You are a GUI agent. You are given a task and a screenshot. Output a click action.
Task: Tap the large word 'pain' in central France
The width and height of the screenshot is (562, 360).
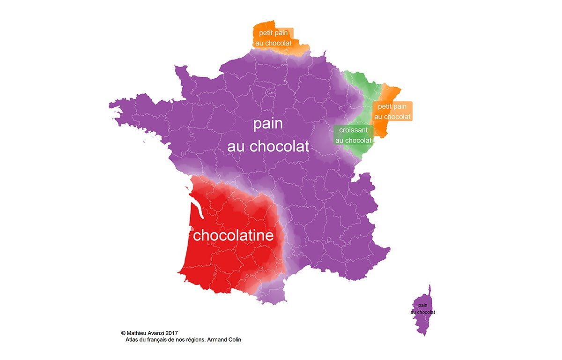pyautogui.click(x=268, y=125)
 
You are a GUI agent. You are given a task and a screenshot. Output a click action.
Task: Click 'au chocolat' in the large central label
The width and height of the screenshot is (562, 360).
pyautogui.click(x=268, y=146)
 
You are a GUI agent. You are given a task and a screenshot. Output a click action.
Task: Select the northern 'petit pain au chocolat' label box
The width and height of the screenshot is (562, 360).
pyautogui.click(x=274, y=38)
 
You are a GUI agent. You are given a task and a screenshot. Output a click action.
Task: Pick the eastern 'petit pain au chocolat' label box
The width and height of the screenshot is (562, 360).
pyautogui.click(x=392, y=111)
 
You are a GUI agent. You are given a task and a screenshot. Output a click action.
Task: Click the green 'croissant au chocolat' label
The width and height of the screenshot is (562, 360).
pyautogui.click(x=354, y=135)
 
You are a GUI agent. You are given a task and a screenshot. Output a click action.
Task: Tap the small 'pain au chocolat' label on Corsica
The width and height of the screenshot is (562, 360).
pyautogui.click(x=422, y=308)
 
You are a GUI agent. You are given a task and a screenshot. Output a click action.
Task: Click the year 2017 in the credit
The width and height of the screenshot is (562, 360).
pyautogui.click(x=172, y=333)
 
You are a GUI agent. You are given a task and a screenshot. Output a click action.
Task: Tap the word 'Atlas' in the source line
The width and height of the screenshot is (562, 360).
pyautogui.click(x=133, y=340)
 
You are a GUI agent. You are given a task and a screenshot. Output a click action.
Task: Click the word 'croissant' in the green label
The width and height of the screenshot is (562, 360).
pyautogui.click(x=354, y=129)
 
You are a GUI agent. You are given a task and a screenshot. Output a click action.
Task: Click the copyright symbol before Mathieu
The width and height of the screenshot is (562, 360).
pyautogui.click(x=123, y=333)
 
